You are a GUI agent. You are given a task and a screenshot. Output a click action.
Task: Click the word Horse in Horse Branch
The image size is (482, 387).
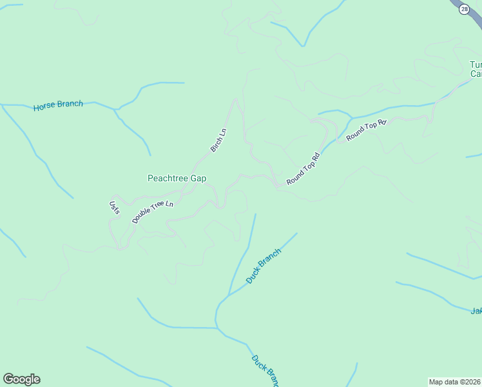pos(44,106)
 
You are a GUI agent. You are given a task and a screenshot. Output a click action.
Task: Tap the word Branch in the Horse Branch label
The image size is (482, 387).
pos(70,104)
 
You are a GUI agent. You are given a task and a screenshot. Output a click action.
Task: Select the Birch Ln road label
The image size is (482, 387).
pos(219,141)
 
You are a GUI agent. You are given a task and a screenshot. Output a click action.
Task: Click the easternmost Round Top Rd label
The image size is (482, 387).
pos(366,130)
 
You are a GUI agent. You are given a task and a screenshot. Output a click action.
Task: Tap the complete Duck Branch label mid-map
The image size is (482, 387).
pos(264,266)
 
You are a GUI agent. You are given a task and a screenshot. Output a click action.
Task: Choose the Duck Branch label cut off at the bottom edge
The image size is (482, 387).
pos(264,370)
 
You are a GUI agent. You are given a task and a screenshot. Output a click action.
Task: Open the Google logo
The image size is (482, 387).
pos(21,379)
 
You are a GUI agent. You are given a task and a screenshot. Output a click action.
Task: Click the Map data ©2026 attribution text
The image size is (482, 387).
pos(455,381)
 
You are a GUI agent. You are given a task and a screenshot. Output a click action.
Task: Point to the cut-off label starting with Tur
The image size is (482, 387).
pos(476,65)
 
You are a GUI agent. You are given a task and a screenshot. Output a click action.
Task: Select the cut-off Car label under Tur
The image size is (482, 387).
pos(476,75)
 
